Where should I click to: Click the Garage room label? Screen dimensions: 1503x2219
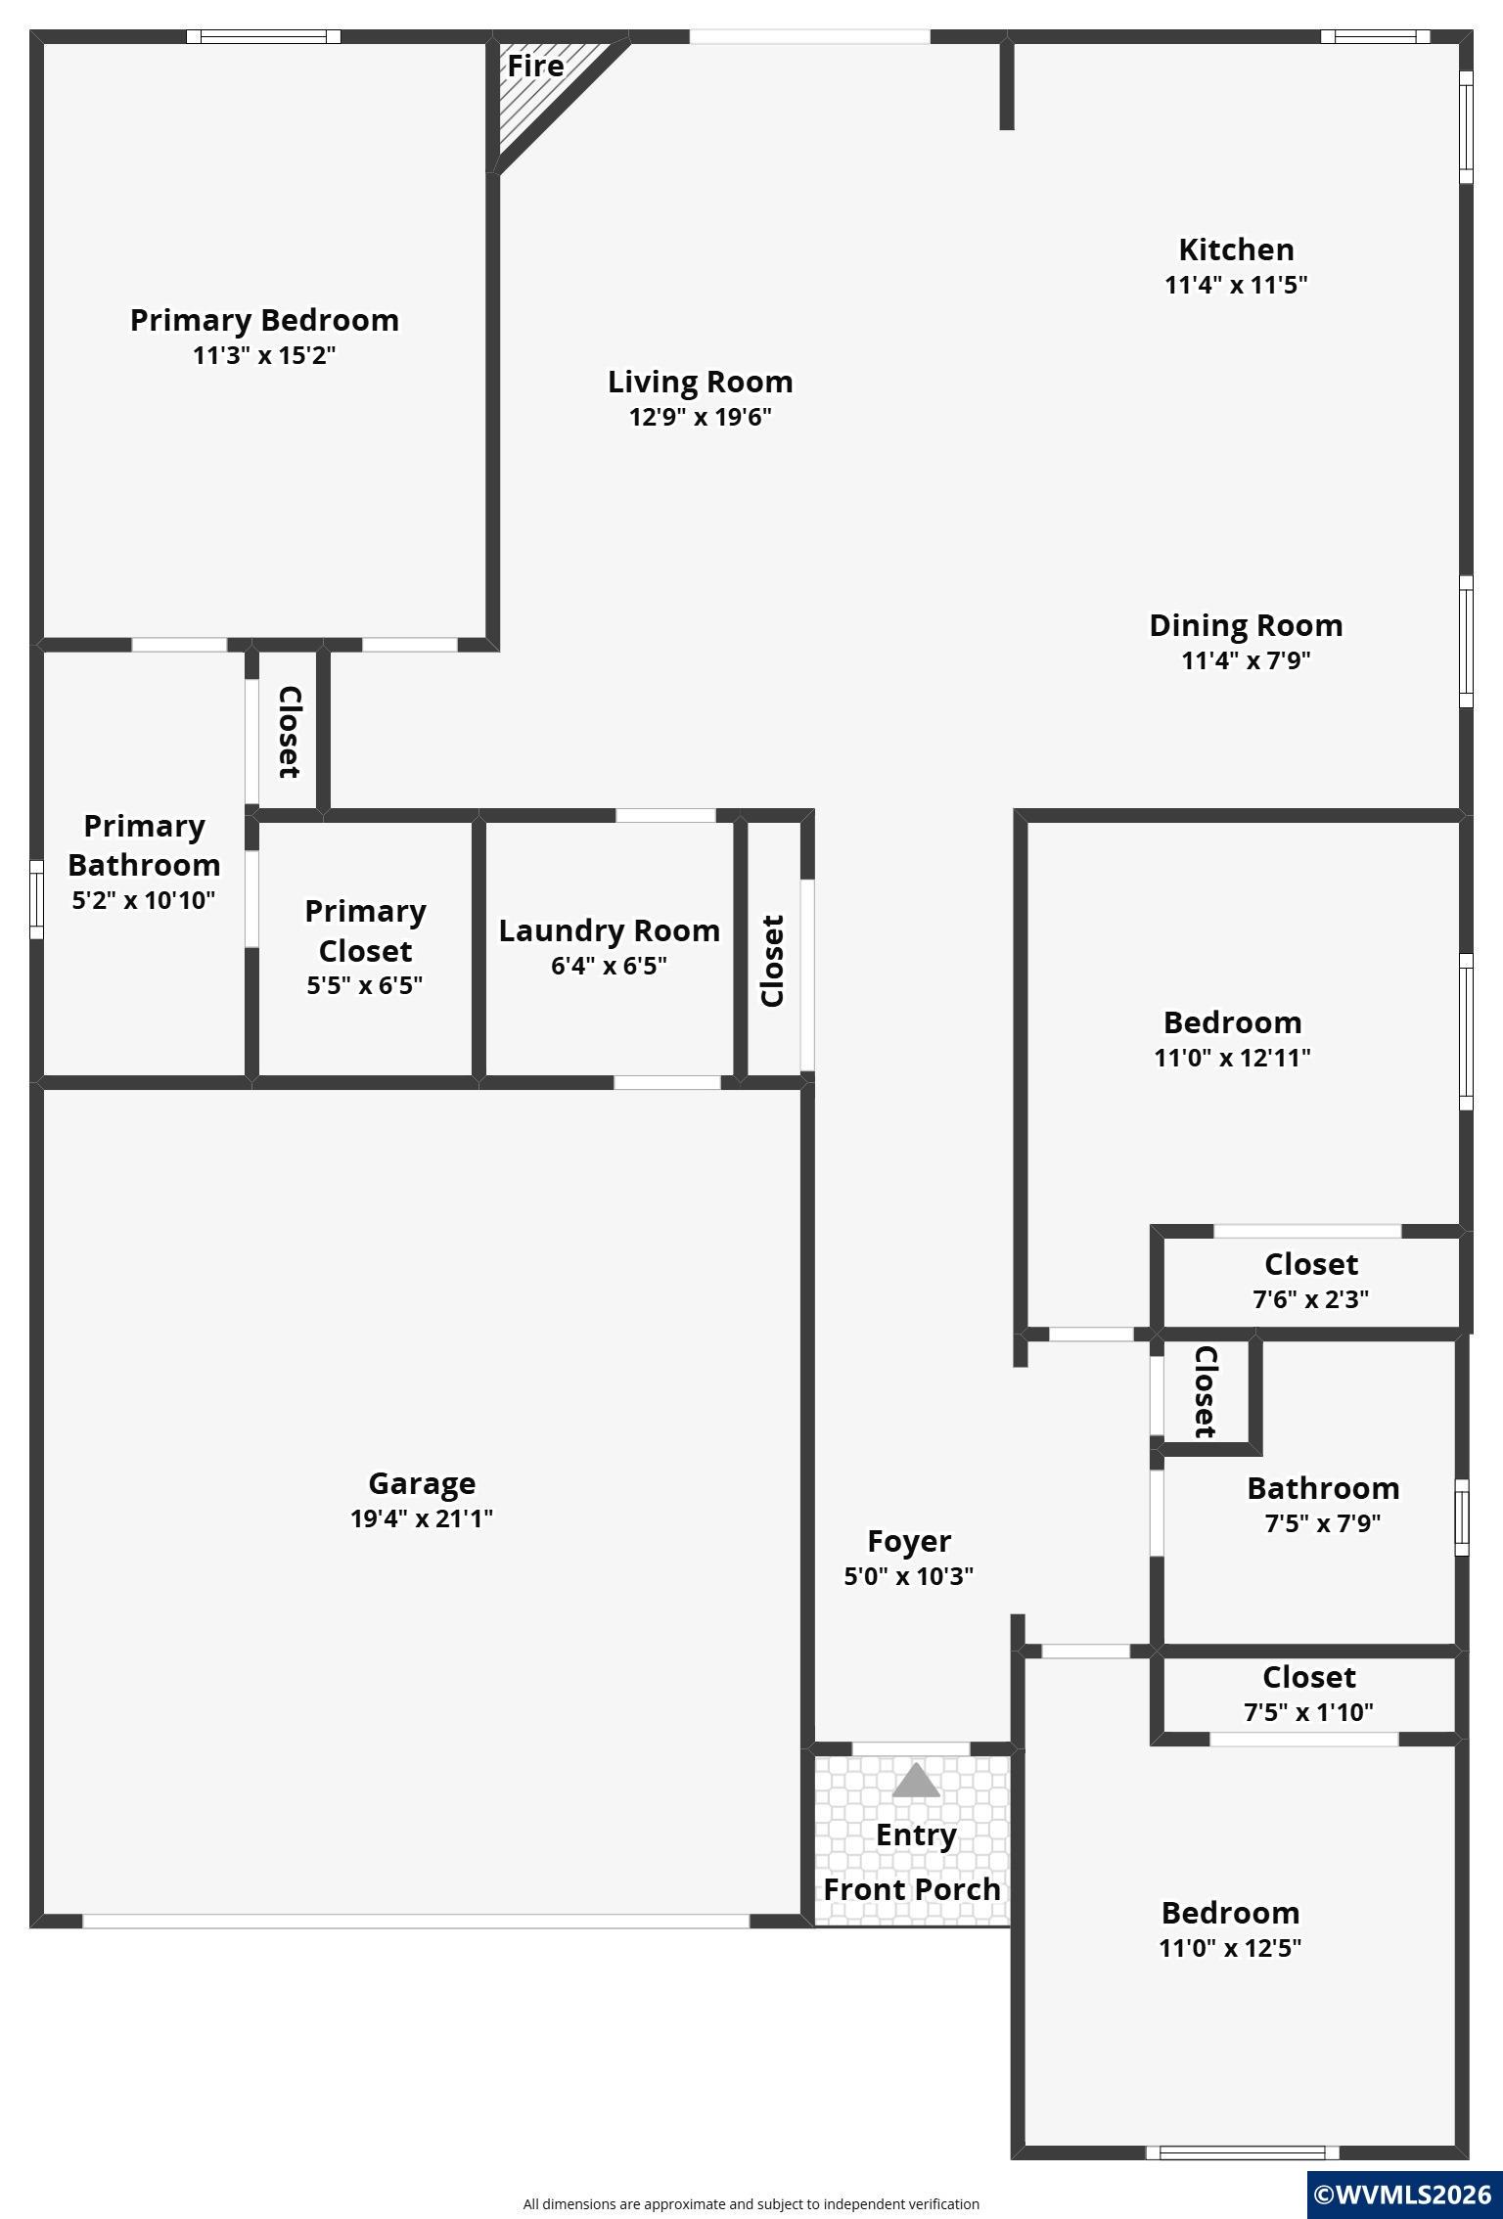(x=422, y=1483)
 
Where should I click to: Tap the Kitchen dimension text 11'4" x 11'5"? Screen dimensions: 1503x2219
(x=1236, y=285)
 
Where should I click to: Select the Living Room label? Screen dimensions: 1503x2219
(x=701, y=382)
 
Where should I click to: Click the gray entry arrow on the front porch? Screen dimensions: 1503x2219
(x=916, y=1781)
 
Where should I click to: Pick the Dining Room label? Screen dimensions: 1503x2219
(x=1246, y=625)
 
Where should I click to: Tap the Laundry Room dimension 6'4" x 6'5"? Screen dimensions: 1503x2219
(x=609, y=966)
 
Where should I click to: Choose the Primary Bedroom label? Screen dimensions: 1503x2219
(x=264, y=320)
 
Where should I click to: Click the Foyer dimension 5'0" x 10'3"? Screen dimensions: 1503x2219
(x=909, y=1576)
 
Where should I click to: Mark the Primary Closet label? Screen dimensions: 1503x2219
(x=365, y=930)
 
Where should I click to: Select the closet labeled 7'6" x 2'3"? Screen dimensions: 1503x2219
(x=1311, y=1281)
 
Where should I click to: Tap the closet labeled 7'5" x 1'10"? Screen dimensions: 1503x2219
(x=1309, y=1694)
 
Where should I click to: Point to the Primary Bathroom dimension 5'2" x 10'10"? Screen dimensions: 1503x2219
(x=144, y=900)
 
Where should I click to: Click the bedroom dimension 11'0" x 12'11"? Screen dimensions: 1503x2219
(x=1233, y=1058)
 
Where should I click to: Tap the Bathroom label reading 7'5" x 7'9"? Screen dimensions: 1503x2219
(x=1323, y=1505)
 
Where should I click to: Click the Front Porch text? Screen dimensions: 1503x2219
(x=912, y=1889)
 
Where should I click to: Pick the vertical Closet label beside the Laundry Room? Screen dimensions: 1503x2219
(x=773, y=961)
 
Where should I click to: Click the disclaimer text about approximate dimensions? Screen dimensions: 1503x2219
(x=751, y=2203)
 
